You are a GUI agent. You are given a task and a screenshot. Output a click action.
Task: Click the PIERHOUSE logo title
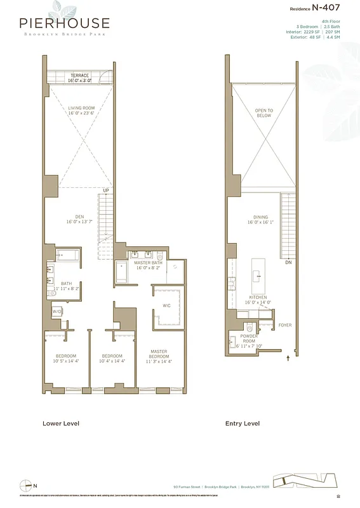(x=63, y=23)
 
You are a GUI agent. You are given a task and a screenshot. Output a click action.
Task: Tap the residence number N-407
(x=328, y=8)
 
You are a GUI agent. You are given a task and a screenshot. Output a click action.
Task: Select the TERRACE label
(x=80, y=76)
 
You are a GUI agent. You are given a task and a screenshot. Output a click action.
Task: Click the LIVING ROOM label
(x=81, y=109)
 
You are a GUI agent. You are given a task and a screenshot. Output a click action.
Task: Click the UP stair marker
(x=108, y=190)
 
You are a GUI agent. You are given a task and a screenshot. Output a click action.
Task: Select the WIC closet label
(x=166, y=305)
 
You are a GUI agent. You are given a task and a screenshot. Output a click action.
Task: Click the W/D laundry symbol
(x=57, y=312)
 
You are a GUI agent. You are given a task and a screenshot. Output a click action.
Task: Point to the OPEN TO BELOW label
(x=263, y=112)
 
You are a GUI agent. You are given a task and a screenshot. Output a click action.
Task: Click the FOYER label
(x=285, y=325)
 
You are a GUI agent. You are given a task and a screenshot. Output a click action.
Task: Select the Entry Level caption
(x=243, y=423)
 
